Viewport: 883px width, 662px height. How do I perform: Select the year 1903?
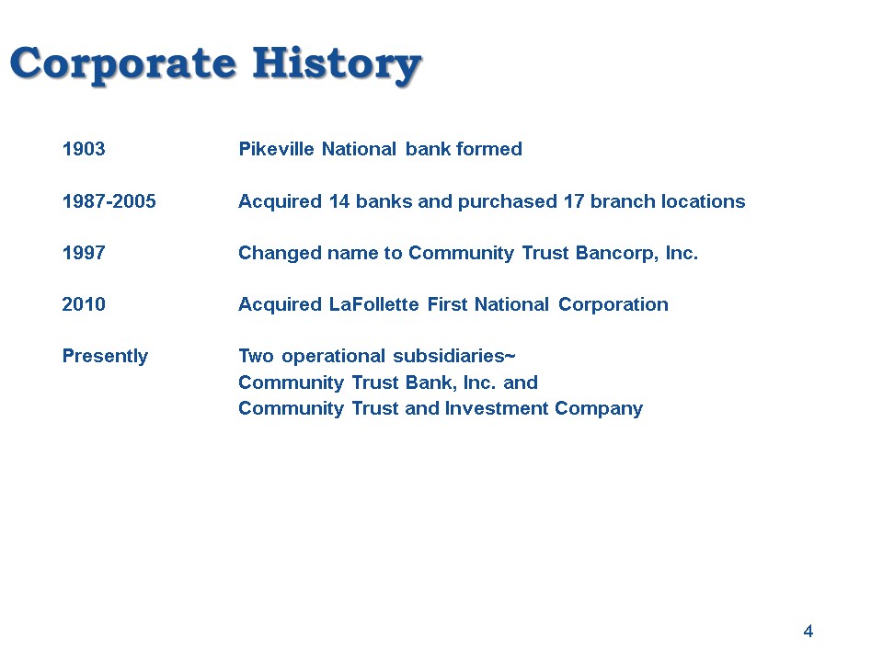click(84, 149)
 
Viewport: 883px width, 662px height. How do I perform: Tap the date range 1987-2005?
click(109, 201)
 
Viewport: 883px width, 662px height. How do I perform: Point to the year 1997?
click(84, 253)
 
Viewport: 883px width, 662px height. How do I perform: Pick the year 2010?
click(84, 304)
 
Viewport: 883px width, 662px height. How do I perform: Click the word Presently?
click(105, 357)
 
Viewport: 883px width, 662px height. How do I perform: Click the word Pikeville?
click(277, 149)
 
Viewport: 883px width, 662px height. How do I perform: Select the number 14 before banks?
click(339, 201)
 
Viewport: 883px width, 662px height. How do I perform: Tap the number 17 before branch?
click(574, 201)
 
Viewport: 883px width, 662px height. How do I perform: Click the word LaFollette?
click(374, 304)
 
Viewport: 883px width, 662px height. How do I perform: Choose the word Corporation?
click(614, 305)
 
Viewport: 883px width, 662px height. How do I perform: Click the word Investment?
click(496, 408)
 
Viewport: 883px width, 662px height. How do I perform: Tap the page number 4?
click(808, 631)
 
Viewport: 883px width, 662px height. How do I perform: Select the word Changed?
click(280, 254)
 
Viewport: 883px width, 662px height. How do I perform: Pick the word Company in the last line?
click(599, 409)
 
